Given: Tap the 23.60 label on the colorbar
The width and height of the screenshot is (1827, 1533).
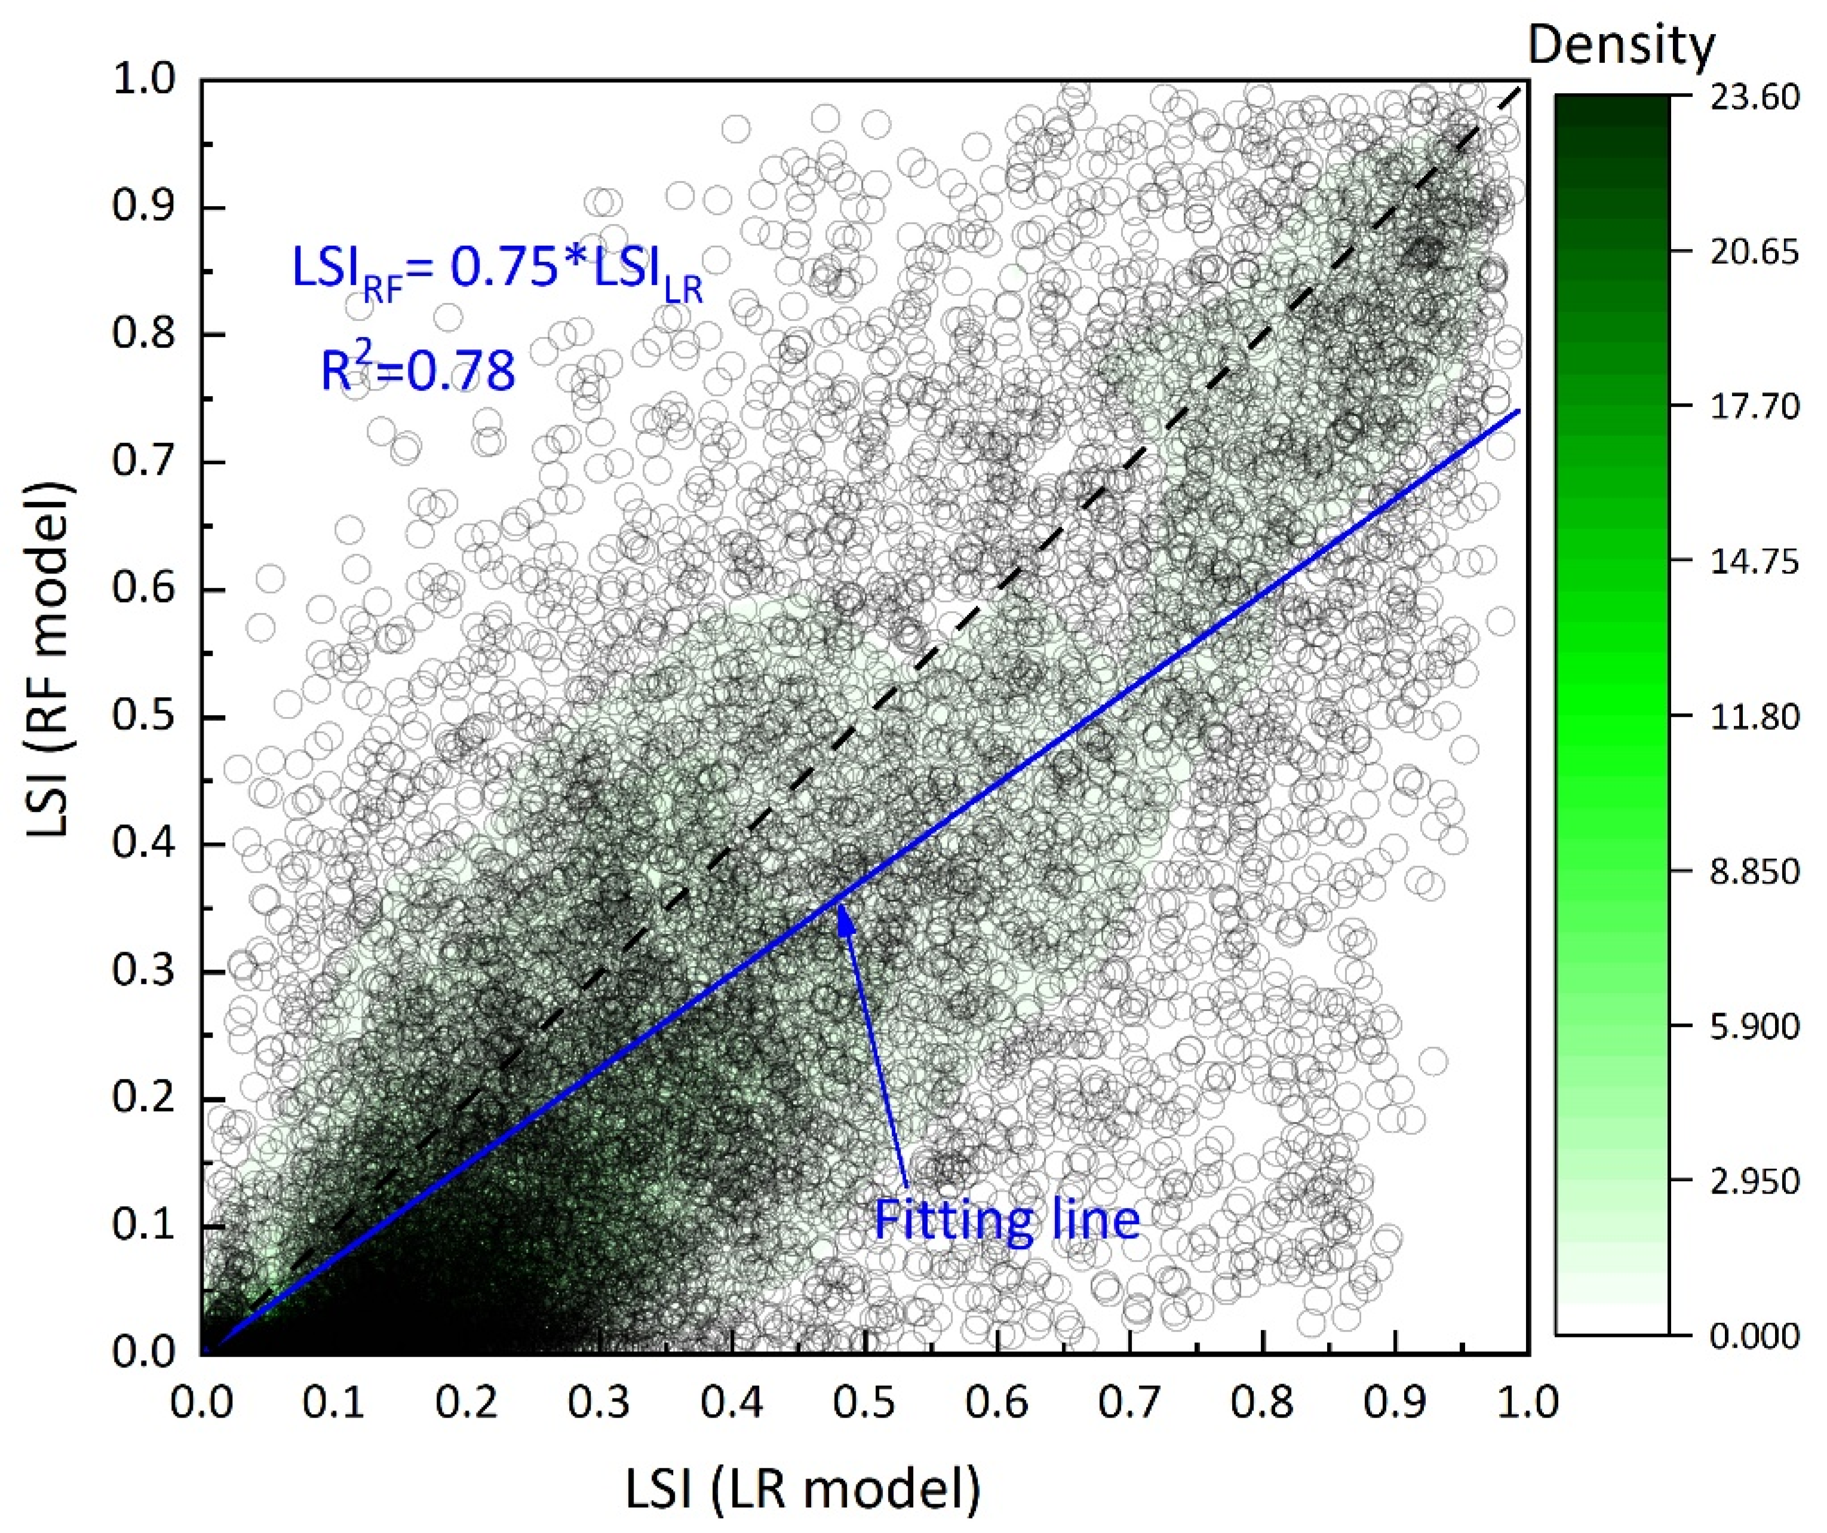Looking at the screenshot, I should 1753,97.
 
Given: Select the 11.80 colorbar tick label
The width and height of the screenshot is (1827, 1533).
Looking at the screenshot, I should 1753,717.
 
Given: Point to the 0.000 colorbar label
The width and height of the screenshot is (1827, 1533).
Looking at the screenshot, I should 1753,1335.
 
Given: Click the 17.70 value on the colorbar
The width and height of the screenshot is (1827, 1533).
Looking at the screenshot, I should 1753,406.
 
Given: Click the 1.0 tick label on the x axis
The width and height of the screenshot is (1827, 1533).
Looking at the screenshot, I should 1527,1403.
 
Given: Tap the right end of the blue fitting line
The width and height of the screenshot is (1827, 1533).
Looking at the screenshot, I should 1518,410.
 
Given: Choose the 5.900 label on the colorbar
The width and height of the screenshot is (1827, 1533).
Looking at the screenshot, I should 1753,1026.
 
